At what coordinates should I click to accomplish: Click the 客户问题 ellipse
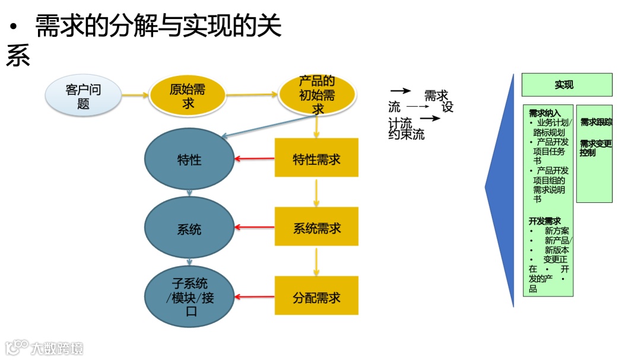(x=83, y=97)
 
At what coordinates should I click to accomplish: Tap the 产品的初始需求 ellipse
(x=316, y=95)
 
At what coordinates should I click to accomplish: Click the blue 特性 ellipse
(x=189, y=160)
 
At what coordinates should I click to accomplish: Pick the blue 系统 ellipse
(x=189, y=228)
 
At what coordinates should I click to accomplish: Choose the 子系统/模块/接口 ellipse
(x=190, y=297)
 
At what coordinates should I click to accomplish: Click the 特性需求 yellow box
(x=316, y=158)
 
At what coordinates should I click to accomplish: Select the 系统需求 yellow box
(x=316, y=227)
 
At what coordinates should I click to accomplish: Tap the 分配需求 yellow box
(x=316, y=297)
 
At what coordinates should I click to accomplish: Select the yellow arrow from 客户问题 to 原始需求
(x=134, y=95)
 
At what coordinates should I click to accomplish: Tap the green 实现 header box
(x=566, y=85)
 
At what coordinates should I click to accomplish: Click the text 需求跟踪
(x=595, y=122)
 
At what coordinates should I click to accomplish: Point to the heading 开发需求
(x=544, y=221)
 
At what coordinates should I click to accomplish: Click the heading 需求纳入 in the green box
(x=544, y=112)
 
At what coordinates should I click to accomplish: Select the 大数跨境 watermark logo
(x=45, y=348)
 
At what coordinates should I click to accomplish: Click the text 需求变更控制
(x=595, y=148)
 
